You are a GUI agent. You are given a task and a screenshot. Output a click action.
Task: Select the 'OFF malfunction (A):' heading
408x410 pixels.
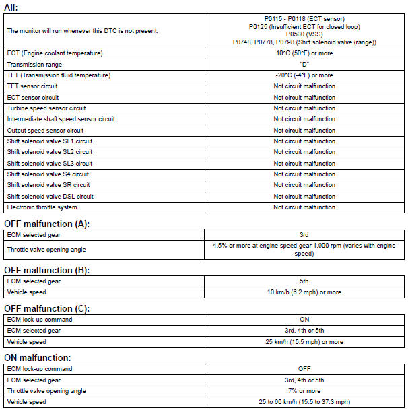(x=46, y=224)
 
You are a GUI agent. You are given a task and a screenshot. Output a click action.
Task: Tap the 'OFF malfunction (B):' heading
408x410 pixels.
(x=46, y=270)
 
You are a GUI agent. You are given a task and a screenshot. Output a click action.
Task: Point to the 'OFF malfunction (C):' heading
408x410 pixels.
(x=46, y=308)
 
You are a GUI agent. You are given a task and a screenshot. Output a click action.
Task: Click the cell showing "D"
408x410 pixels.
(x=304, y=64)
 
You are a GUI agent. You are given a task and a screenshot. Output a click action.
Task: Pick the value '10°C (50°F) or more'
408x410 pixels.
(x=304, y=53)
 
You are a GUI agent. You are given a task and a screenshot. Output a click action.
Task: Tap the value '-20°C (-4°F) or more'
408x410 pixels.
(x=304, y=75)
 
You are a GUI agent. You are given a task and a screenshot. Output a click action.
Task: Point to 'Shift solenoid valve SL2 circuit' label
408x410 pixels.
(x=50, y=152)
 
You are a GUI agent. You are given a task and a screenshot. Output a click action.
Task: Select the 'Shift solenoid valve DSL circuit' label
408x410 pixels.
(x=50, y=197)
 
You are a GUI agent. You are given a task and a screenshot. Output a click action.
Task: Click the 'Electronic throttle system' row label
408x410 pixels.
(x=42, y=207)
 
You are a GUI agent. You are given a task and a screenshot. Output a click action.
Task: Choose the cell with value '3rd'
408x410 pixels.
(x=304, y=235)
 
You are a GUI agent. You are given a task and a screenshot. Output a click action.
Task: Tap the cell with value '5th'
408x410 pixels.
(x=304, y=281)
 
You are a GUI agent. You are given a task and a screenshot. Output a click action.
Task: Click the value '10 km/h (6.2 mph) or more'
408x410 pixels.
(x=304, y=292)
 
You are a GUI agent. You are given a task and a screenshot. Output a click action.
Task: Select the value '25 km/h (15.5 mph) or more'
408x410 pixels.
(x=304, y=342)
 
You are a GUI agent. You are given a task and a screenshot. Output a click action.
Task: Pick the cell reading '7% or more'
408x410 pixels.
(x=304, y=391)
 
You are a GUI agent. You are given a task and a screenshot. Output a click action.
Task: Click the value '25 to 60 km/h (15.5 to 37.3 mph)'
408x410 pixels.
(x=304, y=402)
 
